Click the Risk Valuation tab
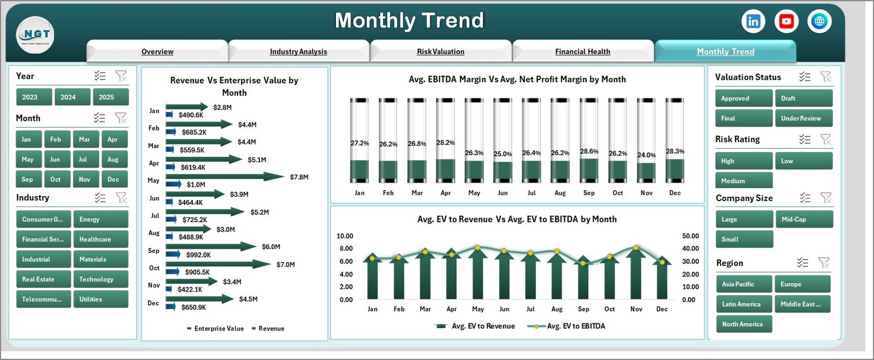click(x=440, y=52)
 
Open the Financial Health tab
click(x=582, y=52)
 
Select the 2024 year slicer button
click(x=68, y=97)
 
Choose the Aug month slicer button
click(x=113, y=160)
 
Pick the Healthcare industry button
click(x=101, y=239)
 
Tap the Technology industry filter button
click(x=101, y=279)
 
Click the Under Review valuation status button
click(x=803, y=119)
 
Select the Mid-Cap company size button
click(x=803, y=220)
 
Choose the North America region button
click(x=743, y=324)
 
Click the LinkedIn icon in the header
click(x=753, y=22)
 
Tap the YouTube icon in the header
click(x=787, y=22)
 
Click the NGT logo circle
click(x=36, y=35)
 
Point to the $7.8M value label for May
click(x=299, y=178)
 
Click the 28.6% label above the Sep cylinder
click(x=589, y=151)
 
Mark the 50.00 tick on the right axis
click(x=690, y=236)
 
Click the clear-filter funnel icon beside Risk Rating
click(x=825, y=140)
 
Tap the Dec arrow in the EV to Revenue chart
click(x=662, y=279)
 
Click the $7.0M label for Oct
click(x=286, y=265)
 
